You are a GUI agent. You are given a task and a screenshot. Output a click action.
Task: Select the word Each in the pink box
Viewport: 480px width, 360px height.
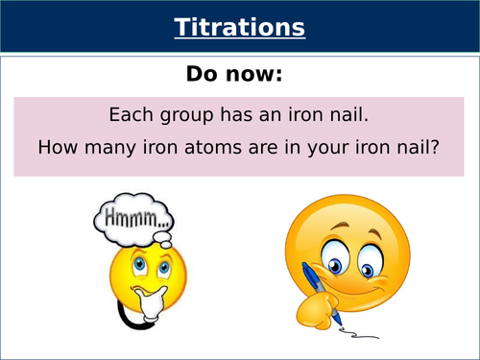tap(129, 114)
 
